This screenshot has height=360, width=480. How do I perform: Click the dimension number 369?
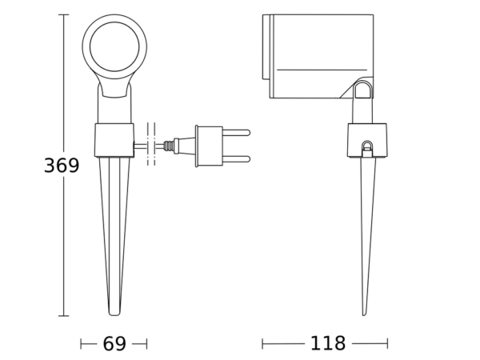[62, 166]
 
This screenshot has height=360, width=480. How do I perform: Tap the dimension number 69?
[114, 344]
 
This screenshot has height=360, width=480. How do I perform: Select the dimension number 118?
[328, 343]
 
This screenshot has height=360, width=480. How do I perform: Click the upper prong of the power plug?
[236, 133]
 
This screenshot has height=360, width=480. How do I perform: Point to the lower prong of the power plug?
[236, 159]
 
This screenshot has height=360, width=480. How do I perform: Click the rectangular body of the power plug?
[209, 146]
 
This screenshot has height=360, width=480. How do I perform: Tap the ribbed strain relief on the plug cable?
[169, 146]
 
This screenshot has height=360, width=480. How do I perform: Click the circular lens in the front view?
[114, 46]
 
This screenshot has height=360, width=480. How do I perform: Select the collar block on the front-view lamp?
[114, 140]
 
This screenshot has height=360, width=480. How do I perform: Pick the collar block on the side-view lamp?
[367, 140]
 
